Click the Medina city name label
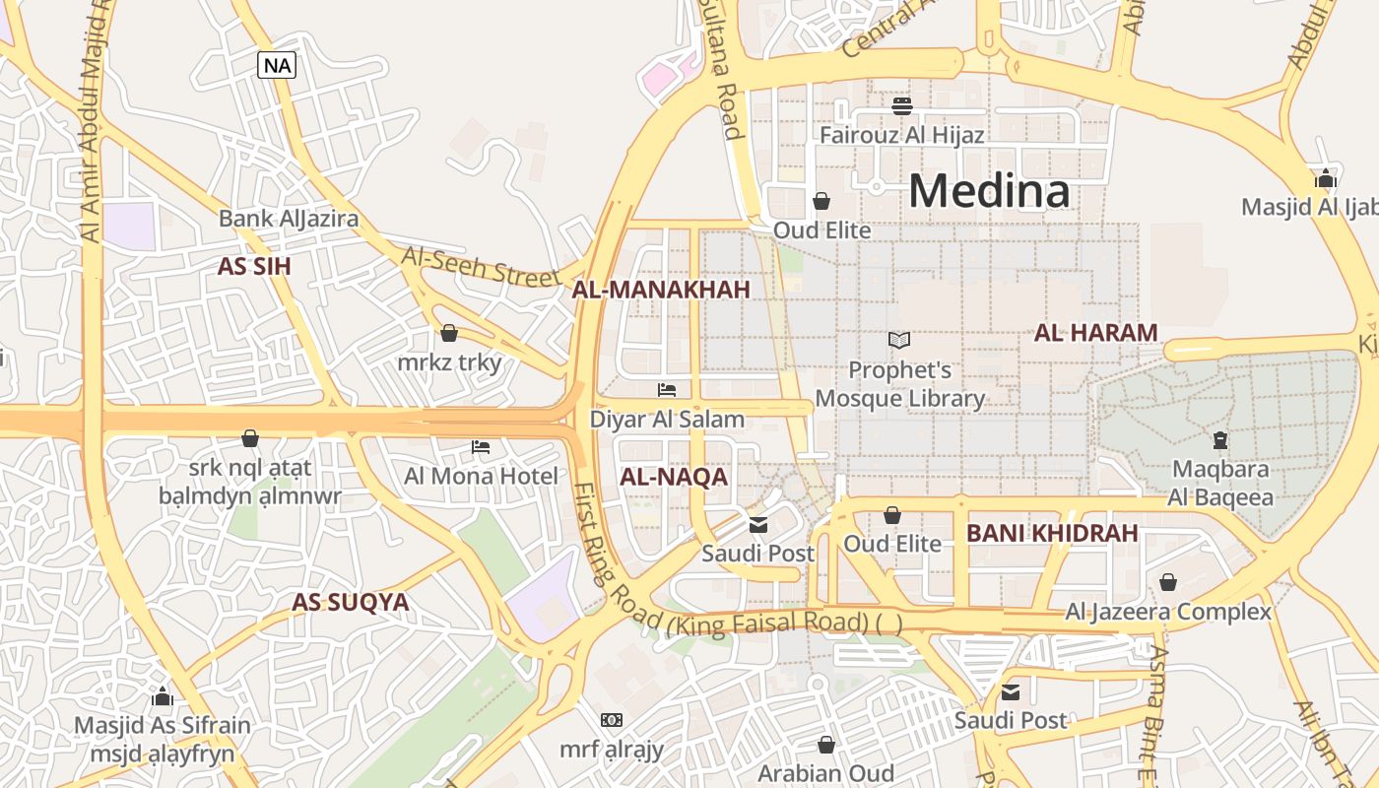click(989, 190)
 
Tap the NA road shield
click(277, 66)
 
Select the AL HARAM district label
click(1095, 333)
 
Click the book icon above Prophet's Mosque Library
click(898, 340)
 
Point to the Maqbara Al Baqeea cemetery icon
click(1220, 439)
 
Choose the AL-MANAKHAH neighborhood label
click(661, 290)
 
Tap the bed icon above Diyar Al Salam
click(667, 390)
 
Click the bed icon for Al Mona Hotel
click(481, 447)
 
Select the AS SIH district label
click(254, 267)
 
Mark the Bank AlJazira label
click(289, 219)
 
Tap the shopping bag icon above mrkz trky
click(449, 333)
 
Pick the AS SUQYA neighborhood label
click(351, 603)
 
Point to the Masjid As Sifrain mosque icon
click(163, 697)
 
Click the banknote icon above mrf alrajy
click(612, 720)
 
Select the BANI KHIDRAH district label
click(1052, 534)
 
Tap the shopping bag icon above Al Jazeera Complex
click(1167, 582)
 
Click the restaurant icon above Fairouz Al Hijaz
click(902, 105)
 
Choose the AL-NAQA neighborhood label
click(674, 478)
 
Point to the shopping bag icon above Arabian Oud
click(825, 745)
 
